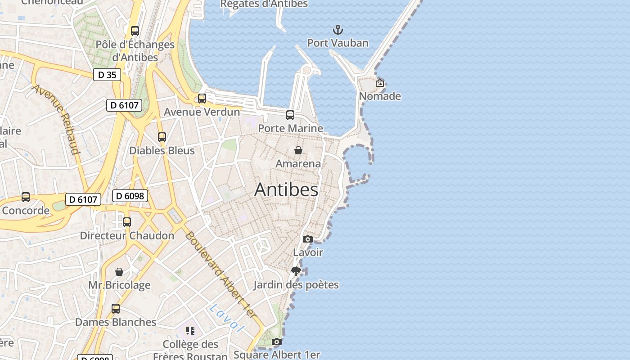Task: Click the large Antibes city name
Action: [x=286, y=189]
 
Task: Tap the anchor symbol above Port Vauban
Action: [x=337, y=30]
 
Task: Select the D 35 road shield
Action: [x=107, y=75]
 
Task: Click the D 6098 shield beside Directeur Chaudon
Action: [x=130, y=196]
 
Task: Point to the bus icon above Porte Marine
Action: [x=290, y=115]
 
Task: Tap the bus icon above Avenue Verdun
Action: [x=202, y=99]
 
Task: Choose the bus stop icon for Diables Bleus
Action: [x=162, y=137]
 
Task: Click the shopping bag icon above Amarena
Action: [x=298, y=150]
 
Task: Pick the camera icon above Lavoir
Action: [x=308, y=239]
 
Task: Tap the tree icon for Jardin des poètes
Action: [x=296, y=271]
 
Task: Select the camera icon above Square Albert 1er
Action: [x=277, y=342]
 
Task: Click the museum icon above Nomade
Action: [x=380, y=83]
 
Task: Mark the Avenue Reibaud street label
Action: [x=56, y=119]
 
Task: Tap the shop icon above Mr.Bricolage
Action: [x=119, y=272]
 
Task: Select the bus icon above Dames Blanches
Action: [x=116, y=309]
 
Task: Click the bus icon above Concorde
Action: [x=26, y=197]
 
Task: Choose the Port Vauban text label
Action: [x=337, y=43]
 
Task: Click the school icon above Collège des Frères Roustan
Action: [x=190, y=331]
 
